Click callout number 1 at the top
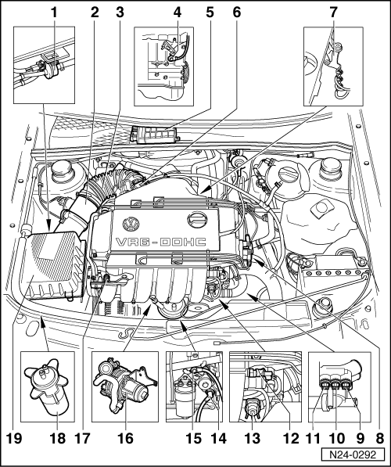(x=54, y=13)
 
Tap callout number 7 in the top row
(x=333, y=13)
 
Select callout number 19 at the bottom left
(x=14, y=438)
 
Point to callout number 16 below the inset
(x=125, y=438)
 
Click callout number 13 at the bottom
(x=253, y=438)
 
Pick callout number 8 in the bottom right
(x=380, y=438)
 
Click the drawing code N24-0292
(x=353, y=455)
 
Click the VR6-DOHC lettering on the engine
(x=161, y=242)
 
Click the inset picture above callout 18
(x=48, y=386)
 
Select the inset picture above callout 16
(x=125, y=386)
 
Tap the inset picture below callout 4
(x=163, y=66)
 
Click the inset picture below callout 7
(x=333, y=66)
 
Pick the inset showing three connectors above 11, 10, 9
(x=339, y=387)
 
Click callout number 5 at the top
(x=210, y=13)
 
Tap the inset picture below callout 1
(x=44, y=65)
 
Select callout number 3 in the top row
(x=120, y=13)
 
